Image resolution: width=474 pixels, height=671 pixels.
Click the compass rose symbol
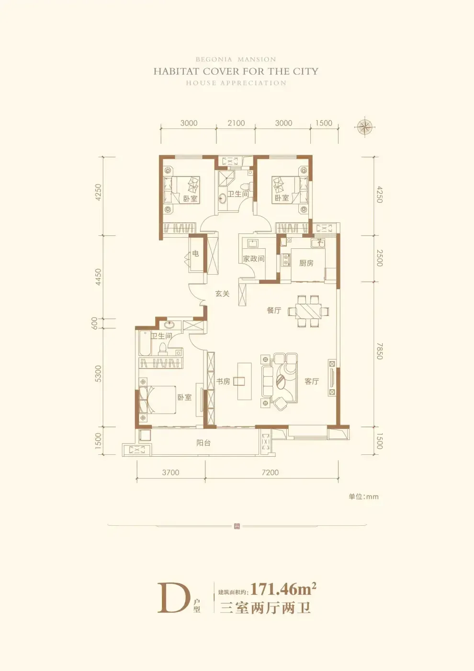tap(364, 127)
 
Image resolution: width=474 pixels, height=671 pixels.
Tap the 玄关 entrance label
tap(222, 293)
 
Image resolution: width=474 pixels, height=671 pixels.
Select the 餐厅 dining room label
tap(274, 310)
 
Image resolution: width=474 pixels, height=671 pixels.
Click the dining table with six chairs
tap(308, 311)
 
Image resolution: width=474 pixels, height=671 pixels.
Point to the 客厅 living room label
tap(312, 381)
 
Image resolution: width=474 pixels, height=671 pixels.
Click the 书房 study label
tap(223, 382)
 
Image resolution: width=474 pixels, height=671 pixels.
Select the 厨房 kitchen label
tap(306, 263)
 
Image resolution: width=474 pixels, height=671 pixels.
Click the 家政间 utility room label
tap(253, 258)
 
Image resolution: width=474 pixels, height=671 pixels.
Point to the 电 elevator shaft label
tap(195, 254)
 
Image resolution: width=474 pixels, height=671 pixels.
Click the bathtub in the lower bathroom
tap(145, 343)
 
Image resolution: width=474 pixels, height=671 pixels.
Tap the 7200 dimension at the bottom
tap(270, 473)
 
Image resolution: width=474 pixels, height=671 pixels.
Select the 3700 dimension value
tap(170, 473)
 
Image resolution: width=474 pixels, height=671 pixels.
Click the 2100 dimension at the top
tap(236, 123)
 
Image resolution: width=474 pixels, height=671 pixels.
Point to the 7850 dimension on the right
tap(379, 351)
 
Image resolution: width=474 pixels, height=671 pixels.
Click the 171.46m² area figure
tap(283, 589)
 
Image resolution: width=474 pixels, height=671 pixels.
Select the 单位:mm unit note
tap(363, 497)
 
